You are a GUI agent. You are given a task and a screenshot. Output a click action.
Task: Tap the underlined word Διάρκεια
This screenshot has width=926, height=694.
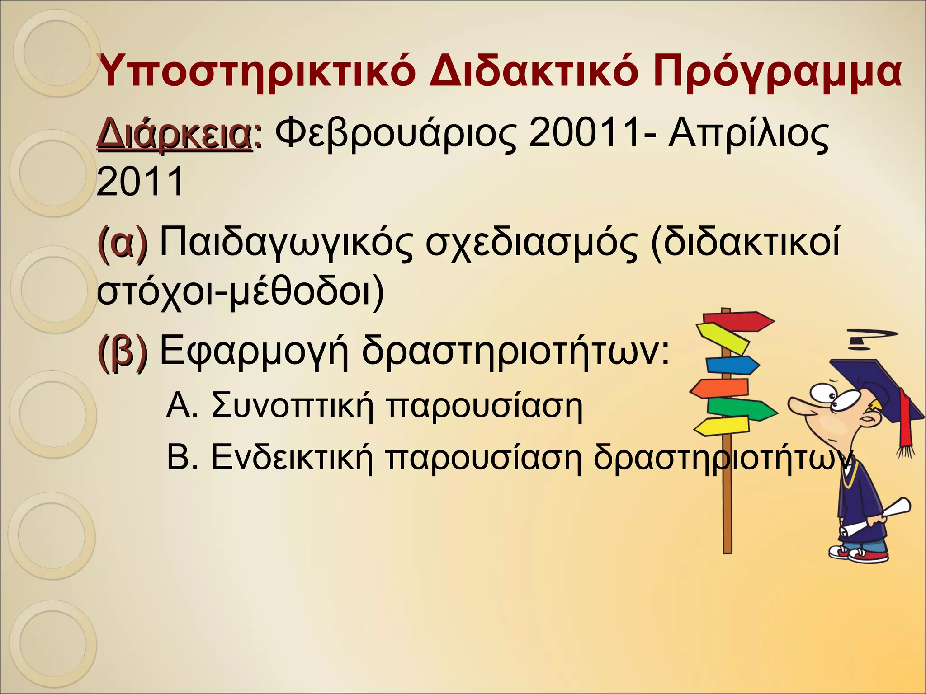[x=174, y=134]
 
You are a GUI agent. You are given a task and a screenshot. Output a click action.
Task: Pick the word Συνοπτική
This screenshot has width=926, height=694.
[x=292, y=406]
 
